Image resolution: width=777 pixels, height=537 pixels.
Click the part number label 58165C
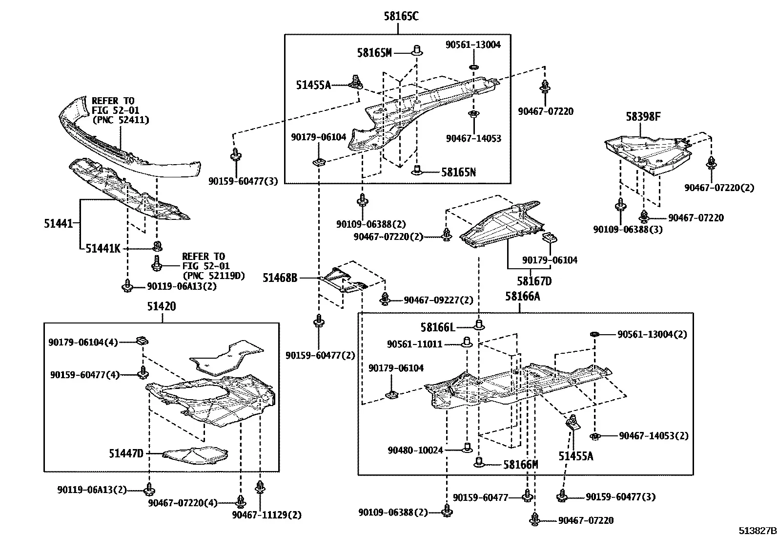pos(401,16)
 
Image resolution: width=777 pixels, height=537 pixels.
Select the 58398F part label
pos(643,116)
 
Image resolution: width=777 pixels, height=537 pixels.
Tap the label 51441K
pos(103,249)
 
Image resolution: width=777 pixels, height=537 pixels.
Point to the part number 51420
pos(162,306)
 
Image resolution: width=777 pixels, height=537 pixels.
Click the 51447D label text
pos(126,453)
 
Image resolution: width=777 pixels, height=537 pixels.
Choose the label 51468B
pos(280,278)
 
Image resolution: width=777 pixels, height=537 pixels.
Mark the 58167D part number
pos(534,281)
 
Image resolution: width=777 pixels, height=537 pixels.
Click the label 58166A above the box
pos(522,296)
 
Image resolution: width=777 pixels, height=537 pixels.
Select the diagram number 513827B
pos(757,531)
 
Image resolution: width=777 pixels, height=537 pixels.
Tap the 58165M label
pos(374,53)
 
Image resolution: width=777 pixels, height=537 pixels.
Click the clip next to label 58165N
pos(417,170)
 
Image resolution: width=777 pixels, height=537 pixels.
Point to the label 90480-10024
pos(415,451)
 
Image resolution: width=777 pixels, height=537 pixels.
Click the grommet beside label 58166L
pos(479,325)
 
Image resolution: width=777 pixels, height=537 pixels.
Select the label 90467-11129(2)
pos(267,515)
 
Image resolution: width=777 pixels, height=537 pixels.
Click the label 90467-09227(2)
pos(438,300)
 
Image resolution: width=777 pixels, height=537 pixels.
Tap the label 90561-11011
pos(414,344)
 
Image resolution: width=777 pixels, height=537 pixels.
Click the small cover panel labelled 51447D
pos(195,455)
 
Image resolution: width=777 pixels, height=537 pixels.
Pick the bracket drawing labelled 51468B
pos(344,280)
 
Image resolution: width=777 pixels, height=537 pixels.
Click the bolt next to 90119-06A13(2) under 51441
pos(128,285)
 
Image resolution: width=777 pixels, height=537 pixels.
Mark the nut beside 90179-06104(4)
pos(142,341)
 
